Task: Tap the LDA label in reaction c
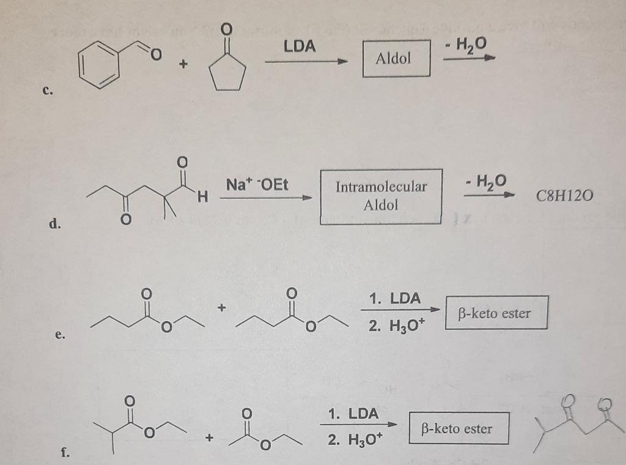300,46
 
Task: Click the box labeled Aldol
396,58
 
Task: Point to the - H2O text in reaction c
466,43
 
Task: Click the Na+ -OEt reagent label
257,184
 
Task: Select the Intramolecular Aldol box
381,196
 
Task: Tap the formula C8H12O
564,196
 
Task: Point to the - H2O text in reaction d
486,181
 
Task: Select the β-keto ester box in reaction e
496,313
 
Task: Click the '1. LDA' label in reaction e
395,299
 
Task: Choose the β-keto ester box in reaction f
456,428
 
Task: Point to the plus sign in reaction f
210,437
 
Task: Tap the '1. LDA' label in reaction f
353,414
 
